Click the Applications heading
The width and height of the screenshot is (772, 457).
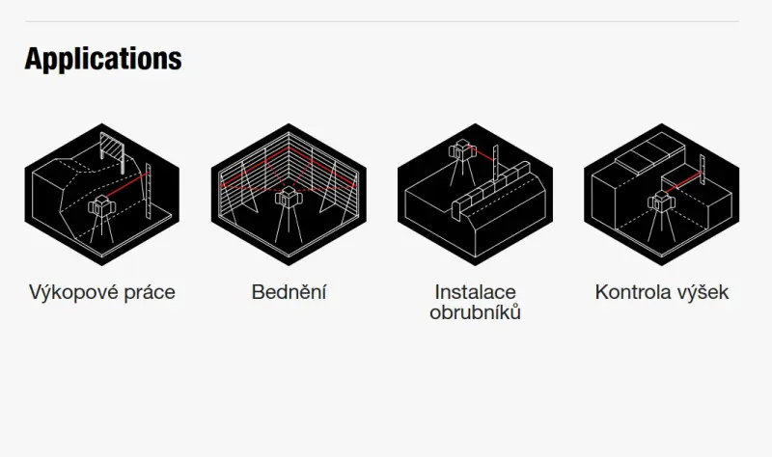point(103,59)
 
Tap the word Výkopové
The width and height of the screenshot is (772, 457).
point(73,292)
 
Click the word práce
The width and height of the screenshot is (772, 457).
point(150,293)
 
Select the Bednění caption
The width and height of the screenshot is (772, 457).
point(289,292)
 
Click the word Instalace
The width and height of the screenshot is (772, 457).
point(475,292)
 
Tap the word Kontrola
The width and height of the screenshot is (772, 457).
point(633,292)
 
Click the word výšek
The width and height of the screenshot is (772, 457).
point(703,292)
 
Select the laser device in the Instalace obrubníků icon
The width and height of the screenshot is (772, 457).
point(462,150)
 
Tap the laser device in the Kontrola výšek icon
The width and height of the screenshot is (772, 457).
point(661,202)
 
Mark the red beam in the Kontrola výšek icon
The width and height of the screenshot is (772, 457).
point(682,181)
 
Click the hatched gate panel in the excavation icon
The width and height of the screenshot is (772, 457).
point(112,147)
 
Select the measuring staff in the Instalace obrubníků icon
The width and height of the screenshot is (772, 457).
point(496,164)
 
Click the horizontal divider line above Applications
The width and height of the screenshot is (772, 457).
point(381,21)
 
